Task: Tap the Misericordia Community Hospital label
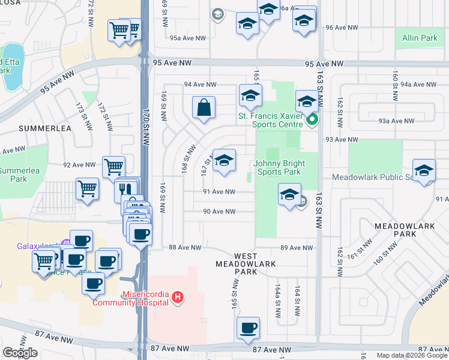pos(130,298)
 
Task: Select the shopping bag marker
pos(204,108)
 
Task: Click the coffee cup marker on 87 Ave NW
pos(248,328)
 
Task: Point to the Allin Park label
pos(420,38)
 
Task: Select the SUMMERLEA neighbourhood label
pos(44,128)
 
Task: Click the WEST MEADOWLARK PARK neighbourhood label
pos(237,264)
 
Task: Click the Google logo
pos(20,352)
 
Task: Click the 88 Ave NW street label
pos(184,247)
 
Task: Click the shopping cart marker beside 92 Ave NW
pos(113,167)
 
